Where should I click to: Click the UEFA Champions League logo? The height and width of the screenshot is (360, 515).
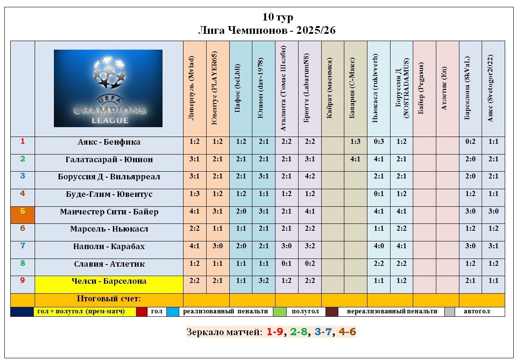click(108, 88)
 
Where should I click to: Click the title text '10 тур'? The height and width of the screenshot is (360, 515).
click(278, 17)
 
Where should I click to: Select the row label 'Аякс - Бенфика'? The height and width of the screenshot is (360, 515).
click(109, 142)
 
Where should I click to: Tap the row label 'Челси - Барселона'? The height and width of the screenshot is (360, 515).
click(109, 281)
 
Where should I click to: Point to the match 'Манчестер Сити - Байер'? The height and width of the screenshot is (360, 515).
click(109, 212)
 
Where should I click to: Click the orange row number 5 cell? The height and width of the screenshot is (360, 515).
click(23, 214)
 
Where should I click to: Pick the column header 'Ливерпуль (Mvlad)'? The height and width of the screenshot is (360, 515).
click(195, 88)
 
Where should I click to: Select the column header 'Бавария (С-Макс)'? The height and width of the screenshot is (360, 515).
click(355, 88)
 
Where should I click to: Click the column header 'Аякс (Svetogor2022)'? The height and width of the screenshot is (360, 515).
click(493, 88)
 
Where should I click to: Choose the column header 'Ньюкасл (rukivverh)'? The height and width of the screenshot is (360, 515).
click(378, 88)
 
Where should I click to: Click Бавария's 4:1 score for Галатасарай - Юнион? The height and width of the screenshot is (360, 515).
click(355, 160)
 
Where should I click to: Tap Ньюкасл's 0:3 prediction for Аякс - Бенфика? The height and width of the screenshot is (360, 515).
click(379, 142)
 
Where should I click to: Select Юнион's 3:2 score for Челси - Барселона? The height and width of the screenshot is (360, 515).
click(263, 281)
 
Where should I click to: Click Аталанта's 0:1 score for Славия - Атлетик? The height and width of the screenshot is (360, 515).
click(287, 264)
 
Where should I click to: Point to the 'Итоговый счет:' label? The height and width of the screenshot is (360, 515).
click(109, 299)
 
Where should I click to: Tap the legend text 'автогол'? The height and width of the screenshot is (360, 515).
click(477, 312)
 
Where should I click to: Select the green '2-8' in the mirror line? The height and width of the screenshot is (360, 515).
click(299, 332)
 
